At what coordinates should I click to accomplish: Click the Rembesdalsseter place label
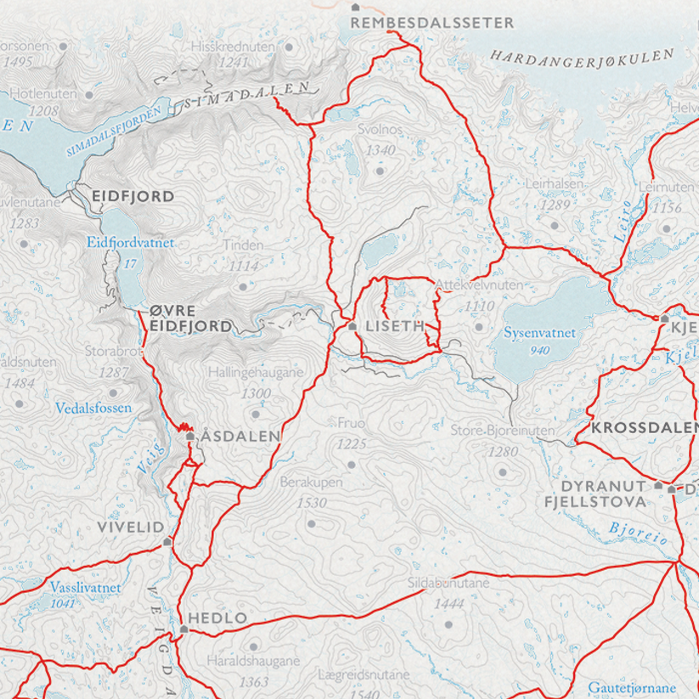[x=432, y=23]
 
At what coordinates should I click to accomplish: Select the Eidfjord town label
[x=133, y=196]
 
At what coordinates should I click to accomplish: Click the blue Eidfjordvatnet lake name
[x=130, y=243]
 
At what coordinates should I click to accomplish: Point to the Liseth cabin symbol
[x=352, y=326]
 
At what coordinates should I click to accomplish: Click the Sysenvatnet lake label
[x=539, y=333]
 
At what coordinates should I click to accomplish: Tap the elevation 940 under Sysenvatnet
[x=538, y=350]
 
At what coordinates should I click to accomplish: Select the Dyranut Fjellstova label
[x=604, y=493]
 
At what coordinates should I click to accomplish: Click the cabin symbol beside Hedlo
[x=183, y=629]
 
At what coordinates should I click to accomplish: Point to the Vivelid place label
[x=130, y=527]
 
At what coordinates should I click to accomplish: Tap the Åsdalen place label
[x=240, y=436]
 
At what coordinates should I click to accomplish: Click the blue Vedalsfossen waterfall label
[x=93, y=408]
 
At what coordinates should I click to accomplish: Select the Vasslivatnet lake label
[x=85, y=587]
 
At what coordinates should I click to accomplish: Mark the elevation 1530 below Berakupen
[x=312, y=504]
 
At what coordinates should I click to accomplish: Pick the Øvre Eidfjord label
[x=189, y=318]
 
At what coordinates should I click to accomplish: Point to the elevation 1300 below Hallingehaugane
[x=256, y=393]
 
